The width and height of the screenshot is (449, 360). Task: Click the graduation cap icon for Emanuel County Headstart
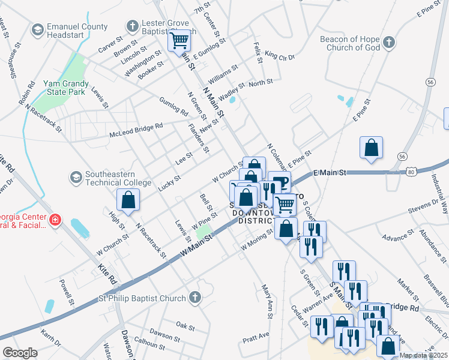(x=38, y=29)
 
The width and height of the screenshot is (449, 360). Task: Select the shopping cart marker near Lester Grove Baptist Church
(x=179, y=41)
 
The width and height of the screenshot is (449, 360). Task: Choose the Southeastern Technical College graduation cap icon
(x=76, y=177)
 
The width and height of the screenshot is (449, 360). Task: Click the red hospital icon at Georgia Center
(x=55, y=220)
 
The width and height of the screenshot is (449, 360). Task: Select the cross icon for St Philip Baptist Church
(x=194, y=297)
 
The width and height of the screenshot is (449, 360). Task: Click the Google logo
(x=20, y=353)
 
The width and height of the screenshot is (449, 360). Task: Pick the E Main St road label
(x=330, y=173)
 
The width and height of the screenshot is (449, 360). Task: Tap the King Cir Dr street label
(x=280, y=57)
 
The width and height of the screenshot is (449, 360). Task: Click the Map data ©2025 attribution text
(x=423, y=355)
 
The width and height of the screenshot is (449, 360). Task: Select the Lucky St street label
(x=170, y=182)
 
